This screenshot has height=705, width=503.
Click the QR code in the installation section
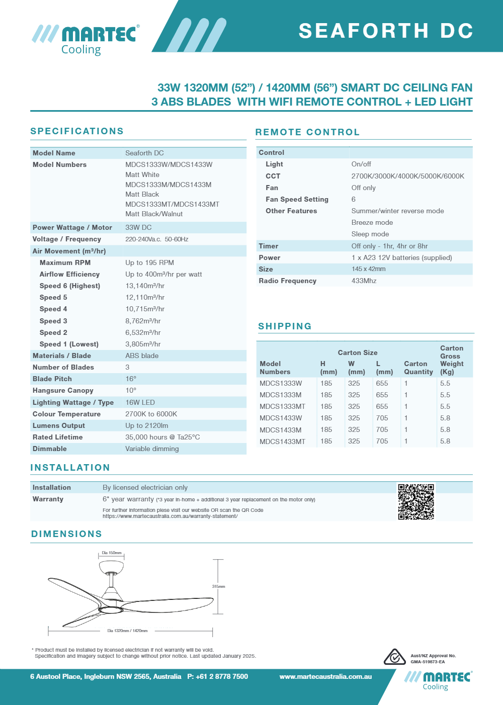click(416, 501)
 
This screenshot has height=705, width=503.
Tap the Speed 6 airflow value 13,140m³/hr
click(145, 286)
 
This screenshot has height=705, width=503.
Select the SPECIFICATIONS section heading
click(77, 131)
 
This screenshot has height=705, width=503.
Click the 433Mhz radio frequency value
click(364, 281)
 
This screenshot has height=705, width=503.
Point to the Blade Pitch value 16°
click(131, 379)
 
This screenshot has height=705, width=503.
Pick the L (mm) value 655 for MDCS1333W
click(382, 383)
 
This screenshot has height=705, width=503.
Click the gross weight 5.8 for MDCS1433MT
click(445, 441)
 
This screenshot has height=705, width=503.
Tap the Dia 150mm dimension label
click(112, 553)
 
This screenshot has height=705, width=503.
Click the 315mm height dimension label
click(218, 586)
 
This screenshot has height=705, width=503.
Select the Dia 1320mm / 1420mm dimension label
click(127, 631)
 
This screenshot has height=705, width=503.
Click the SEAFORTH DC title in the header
click(386, 31)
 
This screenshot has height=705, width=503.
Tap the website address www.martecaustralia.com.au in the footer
click(325, 676)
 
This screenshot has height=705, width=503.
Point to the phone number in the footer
click(218, 676)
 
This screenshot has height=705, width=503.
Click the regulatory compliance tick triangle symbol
click(395, 657)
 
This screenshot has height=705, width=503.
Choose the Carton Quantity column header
click(418, 368)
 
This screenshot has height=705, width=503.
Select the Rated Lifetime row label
click(58, 437)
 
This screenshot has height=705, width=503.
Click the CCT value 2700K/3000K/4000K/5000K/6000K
click(407, 176)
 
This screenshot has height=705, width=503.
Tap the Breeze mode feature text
click(372, 222)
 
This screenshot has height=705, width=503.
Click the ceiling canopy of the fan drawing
click(111, 567)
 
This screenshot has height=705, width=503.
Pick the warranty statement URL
click(170, 516)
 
